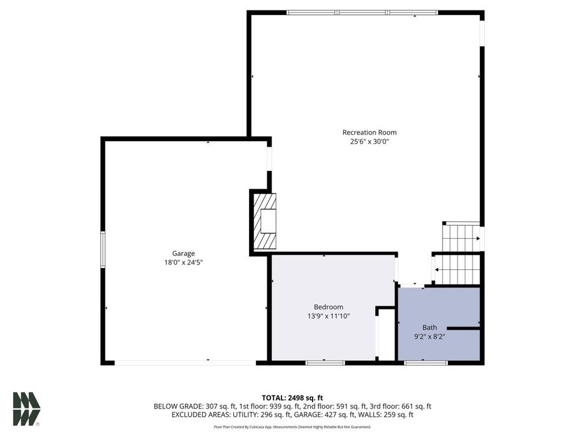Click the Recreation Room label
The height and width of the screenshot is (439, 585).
[369, 133]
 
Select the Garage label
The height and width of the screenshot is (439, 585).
[183, 254]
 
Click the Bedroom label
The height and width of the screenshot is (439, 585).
[328, 307]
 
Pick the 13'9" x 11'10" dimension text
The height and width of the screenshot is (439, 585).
[328, 316]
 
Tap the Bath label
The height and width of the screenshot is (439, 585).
[430, 328]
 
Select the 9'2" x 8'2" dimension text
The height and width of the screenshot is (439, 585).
[430, 337]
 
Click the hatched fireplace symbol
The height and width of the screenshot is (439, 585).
[265, 222]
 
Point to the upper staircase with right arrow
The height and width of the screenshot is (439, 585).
[461, 238]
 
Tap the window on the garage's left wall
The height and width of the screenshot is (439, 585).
[103, 249]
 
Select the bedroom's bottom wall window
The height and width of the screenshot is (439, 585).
[325, 362]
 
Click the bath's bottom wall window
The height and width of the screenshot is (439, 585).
[426, 362]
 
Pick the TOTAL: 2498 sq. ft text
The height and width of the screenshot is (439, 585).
[292, 397]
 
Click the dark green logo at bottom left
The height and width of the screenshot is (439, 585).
[27, 409]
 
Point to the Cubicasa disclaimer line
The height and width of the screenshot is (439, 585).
[292, 427]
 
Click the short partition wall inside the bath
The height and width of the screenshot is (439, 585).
[463, 329]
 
